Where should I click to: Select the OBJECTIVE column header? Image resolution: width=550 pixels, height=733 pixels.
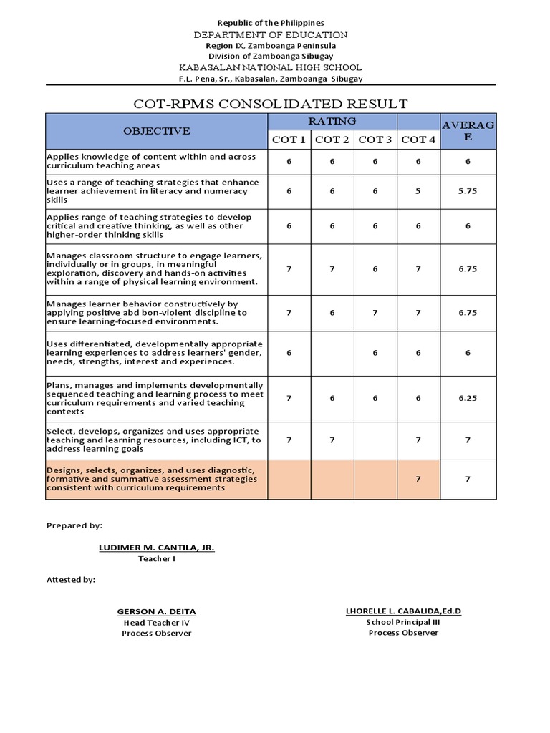[156, 131]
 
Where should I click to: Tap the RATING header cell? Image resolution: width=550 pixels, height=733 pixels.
[332, 121]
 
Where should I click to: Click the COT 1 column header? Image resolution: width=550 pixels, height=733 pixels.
[289, 140]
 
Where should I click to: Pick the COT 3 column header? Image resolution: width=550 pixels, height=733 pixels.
[375, 140]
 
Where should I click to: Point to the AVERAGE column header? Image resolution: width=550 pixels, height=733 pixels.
[468, 131]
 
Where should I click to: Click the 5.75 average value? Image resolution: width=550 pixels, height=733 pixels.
[468, 191]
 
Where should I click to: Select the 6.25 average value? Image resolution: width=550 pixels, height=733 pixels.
[468, 398]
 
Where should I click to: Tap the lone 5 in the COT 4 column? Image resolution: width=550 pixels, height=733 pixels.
[418, 191]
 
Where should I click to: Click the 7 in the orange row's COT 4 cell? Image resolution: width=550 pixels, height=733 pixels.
[418, 479]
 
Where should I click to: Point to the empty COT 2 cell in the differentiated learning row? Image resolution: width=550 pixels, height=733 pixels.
[332, 353]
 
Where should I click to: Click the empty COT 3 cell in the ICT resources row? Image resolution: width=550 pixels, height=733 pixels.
[375, 440]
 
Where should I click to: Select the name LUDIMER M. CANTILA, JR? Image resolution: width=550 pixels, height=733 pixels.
[156, 548]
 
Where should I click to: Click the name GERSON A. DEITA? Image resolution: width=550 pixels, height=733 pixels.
[156, 611]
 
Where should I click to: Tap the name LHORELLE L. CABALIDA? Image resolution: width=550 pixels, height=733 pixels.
[403, 611]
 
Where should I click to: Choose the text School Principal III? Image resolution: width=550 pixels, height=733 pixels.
[403, 622]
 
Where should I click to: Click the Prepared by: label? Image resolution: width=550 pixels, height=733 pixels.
[74, 525]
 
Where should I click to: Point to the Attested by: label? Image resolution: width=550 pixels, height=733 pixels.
[70, 580]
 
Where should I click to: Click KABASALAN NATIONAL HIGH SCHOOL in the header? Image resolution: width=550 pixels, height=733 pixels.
[271, 67]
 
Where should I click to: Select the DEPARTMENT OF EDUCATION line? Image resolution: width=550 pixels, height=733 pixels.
[271, 34]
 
